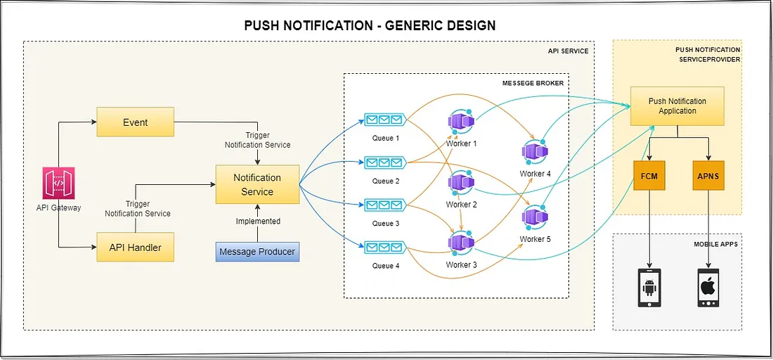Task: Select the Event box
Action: tap(135, 122)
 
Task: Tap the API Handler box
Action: tap(135, 247)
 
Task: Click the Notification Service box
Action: tap(257, 185)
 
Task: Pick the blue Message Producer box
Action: tap(257, 252)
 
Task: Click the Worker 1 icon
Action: tap(461, 123)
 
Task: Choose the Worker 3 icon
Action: tap(461, 243)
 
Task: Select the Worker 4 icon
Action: tap(535, 151)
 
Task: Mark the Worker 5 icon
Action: tap(535, 218)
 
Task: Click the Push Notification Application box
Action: tap(677, 106)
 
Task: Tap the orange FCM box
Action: tap(649, 176)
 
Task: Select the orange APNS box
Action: tap(708, 176)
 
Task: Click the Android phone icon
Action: tap(649, 288)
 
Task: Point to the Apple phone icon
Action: tap(708, 288)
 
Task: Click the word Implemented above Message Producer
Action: tap(257, 221)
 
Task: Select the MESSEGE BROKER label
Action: tap(532, 83)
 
